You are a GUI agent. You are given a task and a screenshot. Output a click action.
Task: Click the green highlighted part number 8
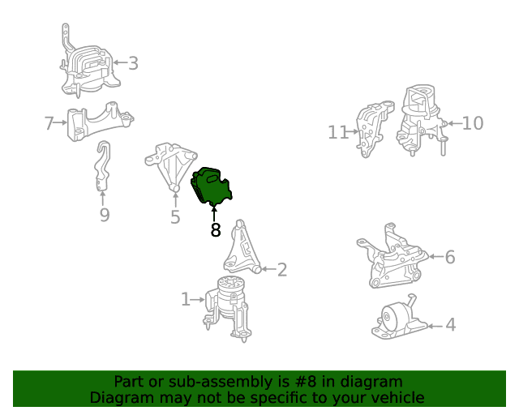(211, 186)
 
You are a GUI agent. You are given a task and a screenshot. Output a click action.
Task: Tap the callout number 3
(133, 63)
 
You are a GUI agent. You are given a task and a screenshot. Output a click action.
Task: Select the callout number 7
(49, 122)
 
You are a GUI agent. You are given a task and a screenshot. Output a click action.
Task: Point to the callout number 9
(105, 215)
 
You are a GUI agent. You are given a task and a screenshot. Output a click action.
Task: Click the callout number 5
(175, 217)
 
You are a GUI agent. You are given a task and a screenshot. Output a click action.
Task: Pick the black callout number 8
(216, 230)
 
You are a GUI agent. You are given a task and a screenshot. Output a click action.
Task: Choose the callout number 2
(282, 270)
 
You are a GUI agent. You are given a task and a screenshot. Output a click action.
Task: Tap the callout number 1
(186, 299)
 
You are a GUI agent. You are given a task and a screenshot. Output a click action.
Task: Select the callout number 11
(337, 132)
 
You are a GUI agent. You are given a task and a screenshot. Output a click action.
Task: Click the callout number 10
(473, 123)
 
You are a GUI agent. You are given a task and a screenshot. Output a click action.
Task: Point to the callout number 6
(450, 257)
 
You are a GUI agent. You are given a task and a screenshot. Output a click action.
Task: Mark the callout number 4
(451, 325)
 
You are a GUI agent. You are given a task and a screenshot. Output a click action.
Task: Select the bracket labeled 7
(99, 122)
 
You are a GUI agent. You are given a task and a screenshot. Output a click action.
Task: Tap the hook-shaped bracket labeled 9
(103, 166)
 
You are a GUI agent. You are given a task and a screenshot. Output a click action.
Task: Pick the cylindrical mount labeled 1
(229, 308)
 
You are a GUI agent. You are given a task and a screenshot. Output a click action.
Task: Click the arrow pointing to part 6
(436, 256)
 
